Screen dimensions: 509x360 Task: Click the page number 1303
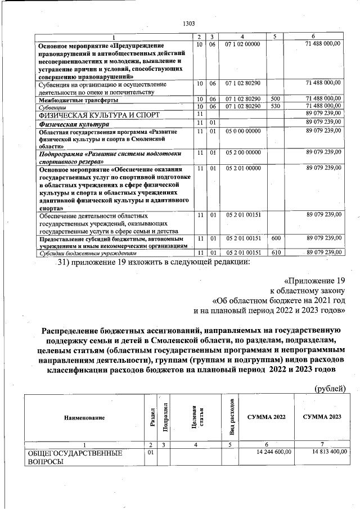[x=189, y=23]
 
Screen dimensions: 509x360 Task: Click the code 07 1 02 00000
[x=242, y=43]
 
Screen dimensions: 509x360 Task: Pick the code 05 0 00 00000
[x=242, y=131]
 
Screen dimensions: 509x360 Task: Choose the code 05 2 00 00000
[x=242, y=152]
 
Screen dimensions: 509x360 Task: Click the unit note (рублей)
[x=329, y=387]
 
